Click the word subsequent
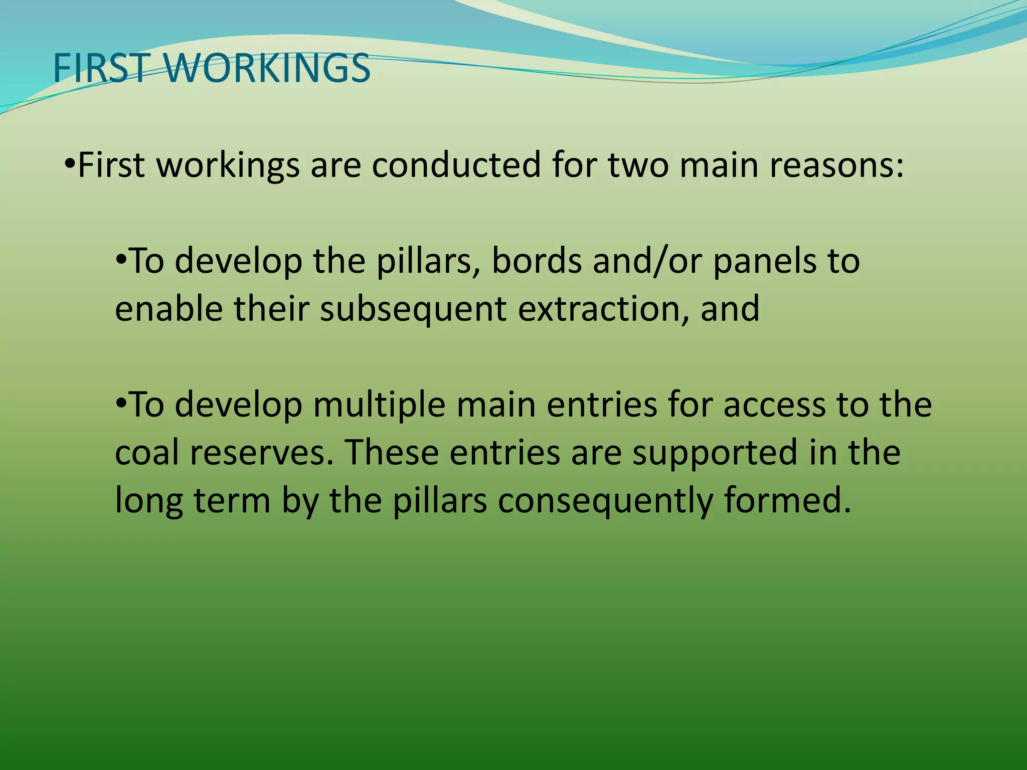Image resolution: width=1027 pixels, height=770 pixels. [x=413, y=309]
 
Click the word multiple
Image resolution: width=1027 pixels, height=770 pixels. [x=379, y=405]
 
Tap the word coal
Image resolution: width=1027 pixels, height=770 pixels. [x=146, y=453]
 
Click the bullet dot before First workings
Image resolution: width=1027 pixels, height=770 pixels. [x=70, y=164]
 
